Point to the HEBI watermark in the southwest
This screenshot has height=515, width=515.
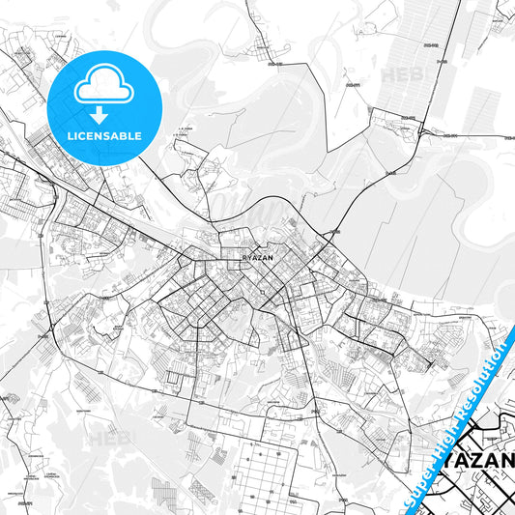pos(107,440)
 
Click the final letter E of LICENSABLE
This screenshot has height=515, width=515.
pos(141,136)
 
